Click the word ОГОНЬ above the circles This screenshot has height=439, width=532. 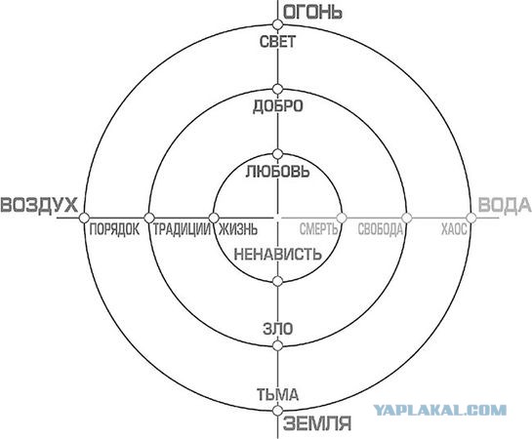(312, 13)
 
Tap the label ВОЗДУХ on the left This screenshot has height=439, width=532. (39, 205)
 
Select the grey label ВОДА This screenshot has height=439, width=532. (504, 205)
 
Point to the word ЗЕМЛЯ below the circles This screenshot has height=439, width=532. (317, 423)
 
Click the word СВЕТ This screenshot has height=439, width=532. (277, 41)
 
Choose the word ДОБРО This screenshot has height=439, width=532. (277, 106)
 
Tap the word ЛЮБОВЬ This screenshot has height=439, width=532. (277, 171)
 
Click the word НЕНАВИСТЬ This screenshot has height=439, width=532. (277, 254)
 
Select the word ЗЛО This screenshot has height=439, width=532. (277, 329)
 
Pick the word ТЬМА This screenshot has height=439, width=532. (277, 394)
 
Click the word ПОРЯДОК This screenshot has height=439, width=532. (114, 229)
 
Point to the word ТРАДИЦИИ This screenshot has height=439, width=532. (182, 229)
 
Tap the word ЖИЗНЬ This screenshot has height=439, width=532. (237, 229)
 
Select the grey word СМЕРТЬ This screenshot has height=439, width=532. (318, 229)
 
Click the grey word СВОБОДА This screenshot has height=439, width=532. (381, 229)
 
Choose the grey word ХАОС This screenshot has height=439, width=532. (454, 229)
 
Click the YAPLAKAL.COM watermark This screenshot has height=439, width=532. (439, 410)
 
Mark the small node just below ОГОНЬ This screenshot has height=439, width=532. (277, 24)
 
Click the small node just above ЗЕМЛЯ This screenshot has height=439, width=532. (277, 411)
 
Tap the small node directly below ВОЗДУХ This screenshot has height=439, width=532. (84, 218)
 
